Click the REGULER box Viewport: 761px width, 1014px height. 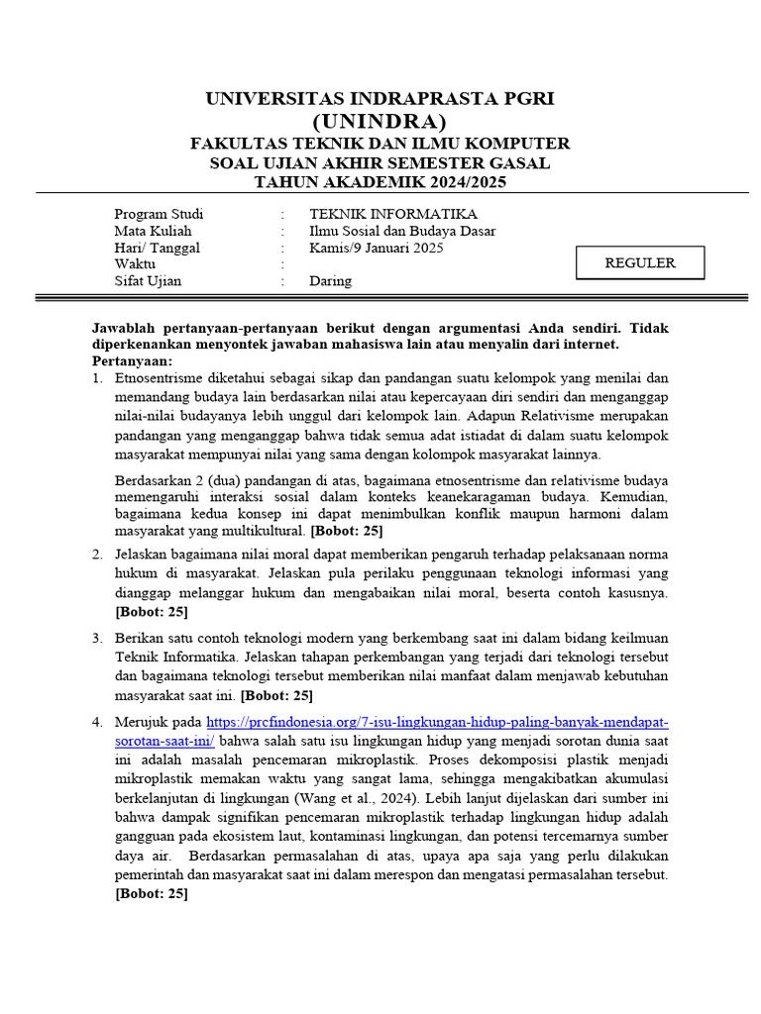click(x=640, y=263)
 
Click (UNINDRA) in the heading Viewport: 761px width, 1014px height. click(x=380, y=122)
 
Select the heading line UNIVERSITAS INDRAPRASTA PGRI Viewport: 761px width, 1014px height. click(x=380, y=99)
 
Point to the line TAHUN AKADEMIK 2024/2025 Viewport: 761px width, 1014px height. click(x=380, y=183)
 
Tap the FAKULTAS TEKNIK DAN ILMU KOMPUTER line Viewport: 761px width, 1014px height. click(x=380, y=143)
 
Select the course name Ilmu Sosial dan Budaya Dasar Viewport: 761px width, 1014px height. click(x=402, y=231)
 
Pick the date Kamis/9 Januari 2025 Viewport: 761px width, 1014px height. click(x=376, y=248)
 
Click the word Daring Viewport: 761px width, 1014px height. click(x=330, y=281)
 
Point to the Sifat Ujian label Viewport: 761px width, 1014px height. click(x=148, y=281)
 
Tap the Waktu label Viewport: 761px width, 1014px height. click(x=135, y=264)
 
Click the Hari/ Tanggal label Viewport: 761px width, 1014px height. click(x=157, y=248)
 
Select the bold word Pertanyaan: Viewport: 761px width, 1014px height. click(x=132, y=360)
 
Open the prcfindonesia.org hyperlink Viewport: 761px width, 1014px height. click(x=437, y=723)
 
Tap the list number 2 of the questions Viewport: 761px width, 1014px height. click(x=97, y=554)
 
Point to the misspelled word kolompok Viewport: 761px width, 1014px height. click(x=441, y=455)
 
